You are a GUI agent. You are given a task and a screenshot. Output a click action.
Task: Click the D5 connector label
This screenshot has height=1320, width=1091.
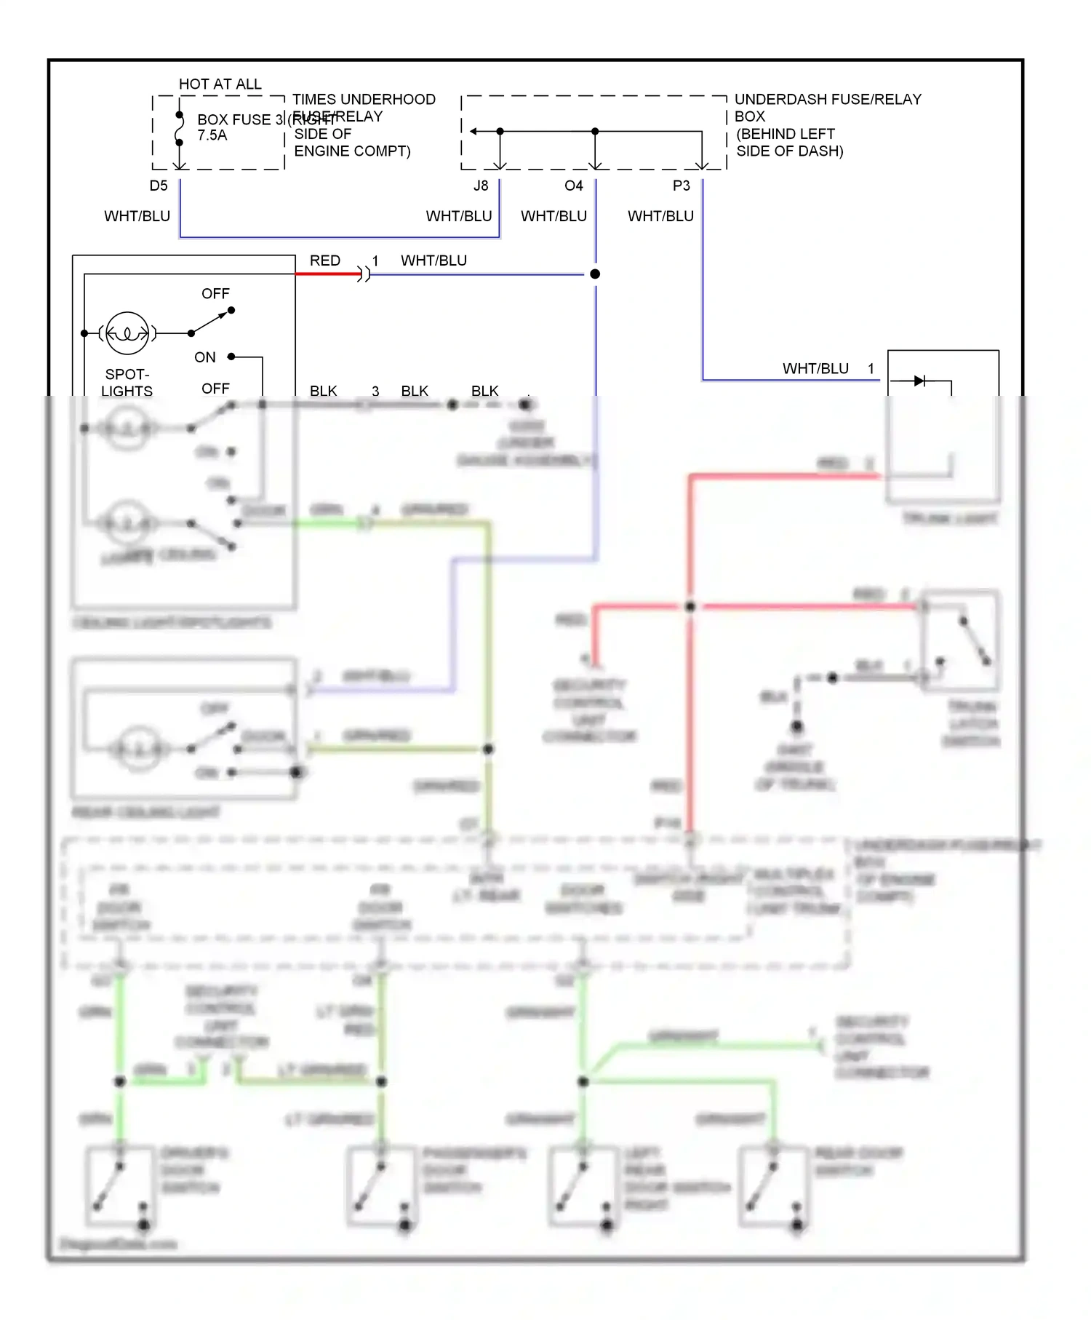pyautogui.click(x=159, y=186)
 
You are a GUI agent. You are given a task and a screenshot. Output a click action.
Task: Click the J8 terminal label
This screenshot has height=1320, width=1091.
pyautogui.click(x=481, y=186)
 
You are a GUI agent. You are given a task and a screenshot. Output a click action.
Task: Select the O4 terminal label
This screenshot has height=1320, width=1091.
pyautogui.click(x=573, y=186)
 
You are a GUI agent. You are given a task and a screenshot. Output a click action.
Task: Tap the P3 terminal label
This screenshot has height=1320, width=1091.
pyautogui.click(x=681, y=186)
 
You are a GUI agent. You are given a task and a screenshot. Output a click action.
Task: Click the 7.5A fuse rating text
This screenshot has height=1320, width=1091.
pyautogui.click(x=212, y=135)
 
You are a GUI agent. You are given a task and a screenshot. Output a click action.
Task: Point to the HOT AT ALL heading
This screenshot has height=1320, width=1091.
pyautogui.click(x=220, y=84)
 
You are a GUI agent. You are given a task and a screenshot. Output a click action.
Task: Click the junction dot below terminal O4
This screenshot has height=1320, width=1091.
pyautogui.click(x=595, y=274)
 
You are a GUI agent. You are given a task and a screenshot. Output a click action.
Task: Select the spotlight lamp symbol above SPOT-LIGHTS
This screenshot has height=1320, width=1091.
pyautogui.click(x=127, y=333)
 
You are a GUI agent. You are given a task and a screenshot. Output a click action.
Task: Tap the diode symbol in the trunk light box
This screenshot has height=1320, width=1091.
pyautogui.click(x=919, y=381)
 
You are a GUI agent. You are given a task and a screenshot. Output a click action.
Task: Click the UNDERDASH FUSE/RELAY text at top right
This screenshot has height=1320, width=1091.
pyautogui.click(x=828, y=99)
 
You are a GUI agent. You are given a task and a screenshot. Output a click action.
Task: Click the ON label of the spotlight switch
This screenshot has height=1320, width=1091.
pyautogui.click(x=205, y=357)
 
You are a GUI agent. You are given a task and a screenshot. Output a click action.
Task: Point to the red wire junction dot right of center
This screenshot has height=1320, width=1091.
pyautogui.click(x=690, y=606)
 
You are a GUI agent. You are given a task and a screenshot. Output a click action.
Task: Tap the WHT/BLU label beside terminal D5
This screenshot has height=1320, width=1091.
pyautogui.click(x=137, y=216)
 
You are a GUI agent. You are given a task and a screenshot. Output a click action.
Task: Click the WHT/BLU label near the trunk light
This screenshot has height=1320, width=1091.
pyautogui.click(x=815, y=368)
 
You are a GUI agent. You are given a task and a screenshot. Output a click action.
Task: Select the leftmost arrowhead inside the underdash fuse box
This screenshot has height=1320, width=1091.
pyautogui.click(x=473, y=132)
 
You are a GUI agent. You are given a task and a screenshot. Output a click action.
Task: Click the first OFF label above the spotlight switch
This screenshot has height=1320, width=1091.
pyautogui.click(x=215, y=293)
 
